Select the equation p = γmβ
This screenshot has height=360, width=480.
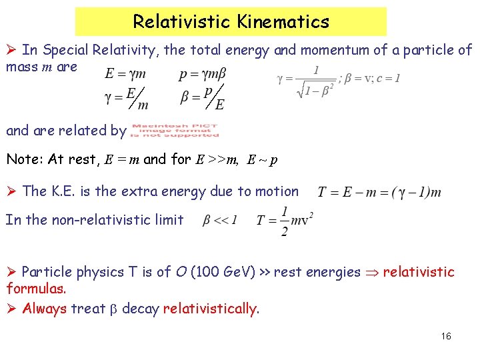tap(203, 74)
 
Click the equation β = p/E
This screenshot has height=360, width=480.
tap(203, 97)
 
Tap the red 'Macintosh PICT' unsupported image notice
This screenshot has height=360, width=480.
tap(175, 131)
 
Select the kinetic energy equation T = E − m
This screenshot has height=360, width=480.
tap(379, 193)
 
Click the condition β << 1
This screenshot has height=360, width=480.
tap(220, 220)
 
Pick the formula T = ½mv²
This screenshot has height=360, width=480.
tap(285, 221)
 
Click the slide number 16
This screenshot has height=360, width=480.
tap(446, 336)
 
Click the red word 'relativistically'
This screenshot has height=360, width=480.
tap(209, 309)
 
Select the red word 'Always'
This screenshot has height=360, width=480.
tap(44, 309)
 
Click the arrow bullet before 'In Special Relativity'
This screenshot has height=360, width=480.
tap(11, 51)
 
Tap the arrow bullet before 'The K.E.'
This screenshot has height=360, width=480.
tap(11, 191)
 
